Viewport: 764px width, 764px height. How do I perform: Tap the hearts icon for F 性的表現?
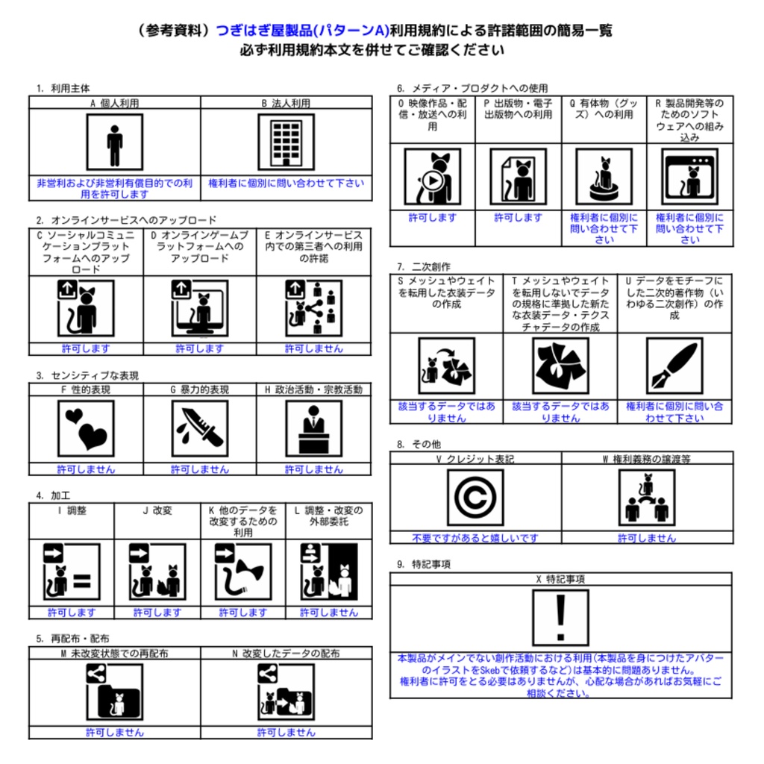[86, 429]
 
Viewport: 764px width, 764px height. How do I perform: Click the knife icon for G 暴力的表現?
[199, 429]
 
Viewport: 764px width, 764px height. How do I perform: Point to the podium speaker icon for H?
[313, 429]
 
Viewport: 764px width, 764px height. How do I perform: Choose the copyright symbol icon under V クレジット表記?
[475, 498]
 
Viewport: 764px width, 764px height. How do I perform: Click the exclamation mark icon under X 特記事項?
[560, 617]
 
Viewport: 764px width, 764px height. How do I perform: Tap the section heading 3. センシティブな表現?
[87, 375]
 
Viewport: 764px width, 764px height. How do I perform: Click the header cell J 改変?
[157, 511]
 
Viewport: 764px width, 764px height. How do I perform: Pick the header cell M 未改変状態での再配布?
[114, 654]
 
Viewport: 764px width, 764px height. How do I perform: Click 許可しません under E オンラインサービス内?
[313, 348]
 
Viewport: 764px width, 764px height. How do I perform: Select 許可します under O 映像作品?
[432, 218]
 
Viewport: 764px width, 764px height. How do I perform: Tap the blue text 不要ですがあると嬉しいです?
[475, 538]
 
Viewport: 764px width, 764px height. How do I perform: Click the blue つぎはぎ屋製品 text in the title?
[264, 31]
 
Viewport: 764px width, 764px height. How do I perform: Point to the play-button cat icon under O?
[432, 177]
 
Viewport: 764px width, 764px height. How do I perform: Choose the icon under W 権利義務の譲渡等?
[647, 498]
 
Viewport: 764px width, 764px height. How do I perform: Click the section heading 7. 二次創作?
[424, 266]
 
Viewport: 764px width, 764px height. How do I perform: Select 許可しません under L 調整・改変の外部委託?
[328, 613]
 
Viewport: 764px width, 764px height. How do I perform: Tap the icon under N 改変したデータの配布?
[286, 692]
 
